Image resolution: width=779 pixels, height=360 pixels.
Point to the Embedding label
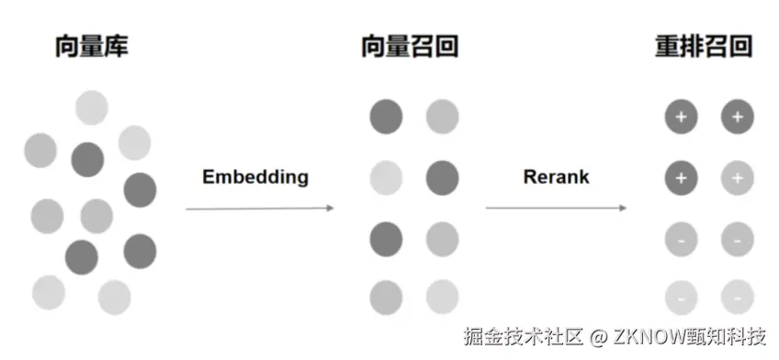[x=255, y=177]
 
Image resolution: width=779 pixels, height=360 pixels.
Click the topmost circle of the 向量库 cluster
[x=92, y=107]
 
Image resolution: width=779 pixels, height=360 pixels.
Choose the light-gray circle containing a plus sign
[x=737, y=177]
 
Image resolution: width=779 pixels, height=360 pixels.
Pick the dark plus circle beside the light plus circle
[x=681, y=177]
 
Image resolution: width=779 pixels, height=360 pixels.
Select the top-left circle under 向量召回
[x=386, y=117]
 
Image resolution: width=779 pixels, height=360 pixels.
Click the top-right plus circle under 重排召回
[x=737, y=117]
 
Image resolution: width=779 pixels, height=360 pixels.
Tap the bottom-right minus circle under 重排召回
[x=737, y=298]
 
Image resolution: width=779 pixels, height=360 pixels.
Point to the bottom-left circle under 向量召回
[x=386, y=298]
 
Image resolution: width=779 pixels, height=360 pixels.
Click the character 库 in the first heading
[x=115, y=47]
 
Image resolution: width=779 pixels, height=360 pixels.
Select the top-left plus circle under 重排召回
[x=681, y=117]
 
